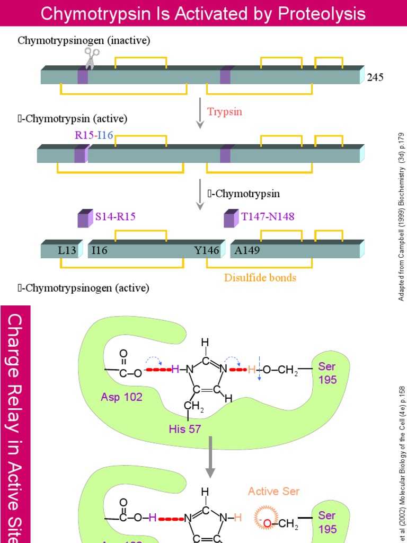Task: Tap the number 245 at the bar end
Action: click(375, 78)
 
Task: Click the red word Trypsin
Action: click(225, 111)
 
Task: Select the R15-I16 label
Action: click(94, 135)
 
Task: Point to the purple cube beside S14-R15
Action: click(85, 218)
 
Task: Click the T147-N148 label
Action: click(268, 216)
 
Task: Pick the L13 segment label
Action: click(67, 250)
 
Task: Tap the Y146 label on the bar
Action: click(207, 250)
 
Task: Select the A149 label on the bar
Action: click(247, 250)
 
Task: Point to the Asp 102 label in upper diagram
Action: click(121, 397)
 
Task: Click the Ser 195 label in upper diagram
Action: click(327, 373)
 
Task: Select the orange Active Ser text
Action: click(273, 491)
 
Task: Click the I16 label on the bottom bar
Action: click(99, 250)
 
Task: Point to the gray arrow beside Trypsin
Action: click(200, 112)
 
